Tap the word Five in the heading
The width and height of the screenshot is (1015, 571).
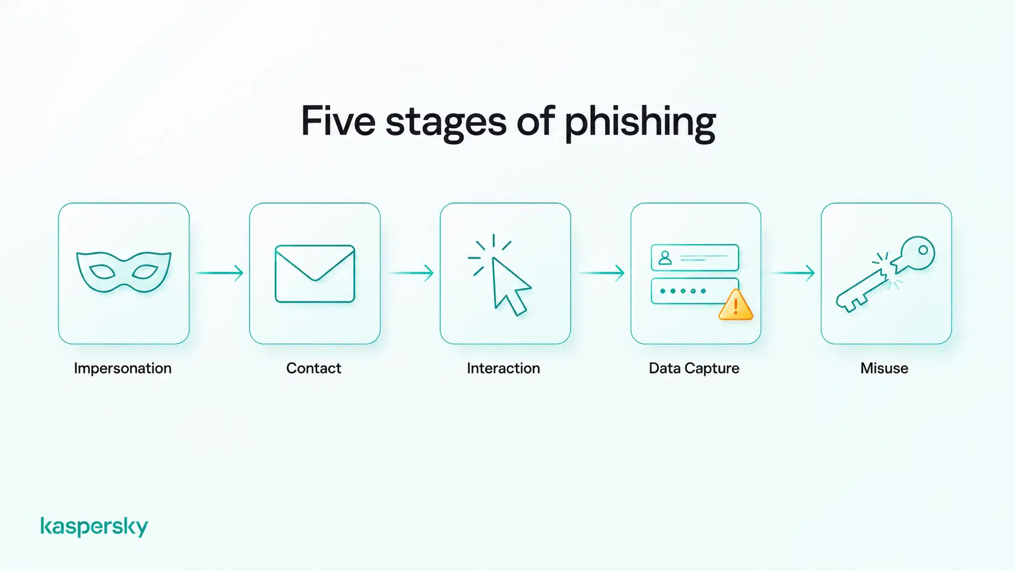pos(338,121)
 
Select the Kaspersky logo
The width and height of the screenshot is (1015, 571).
pos(94,527)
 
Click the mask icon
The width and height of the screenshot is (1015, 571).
pos(124,272)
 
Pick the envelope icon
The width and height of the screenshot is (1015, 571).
pos(315,274)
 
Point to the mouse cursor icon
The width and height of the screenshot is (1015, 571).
pos(510,286)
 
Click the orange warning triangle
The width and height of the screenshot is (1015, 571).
pos(735,305)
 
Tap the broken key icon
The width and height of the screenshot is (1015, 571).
pos(885,274)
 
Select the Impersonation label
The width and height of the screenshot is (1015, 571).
pos(123,368)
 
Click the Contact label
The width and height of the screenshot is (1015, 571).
pos(314,368)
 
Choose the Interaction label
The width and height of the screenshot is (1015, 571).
pos(503,368)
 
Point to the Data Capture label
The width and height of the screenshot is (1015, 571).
pos(694,368)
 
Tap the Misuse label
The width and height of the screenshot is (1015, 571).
pos(884,368)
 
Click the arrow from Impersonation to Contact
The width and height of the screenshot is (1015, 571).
pos(220,272)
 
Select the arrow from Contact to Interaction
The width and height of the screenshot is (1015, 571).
pos(410,272)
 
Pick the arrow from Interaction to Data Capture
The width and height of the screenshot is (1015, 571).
pos(602,272)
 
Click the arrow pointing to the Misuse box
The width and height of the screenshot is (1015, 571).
pos(792,272)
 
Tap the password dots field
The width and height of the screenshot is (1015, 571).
pos(694,291)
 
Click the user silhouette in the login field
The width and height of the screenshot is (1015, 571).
pos(665,258)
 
